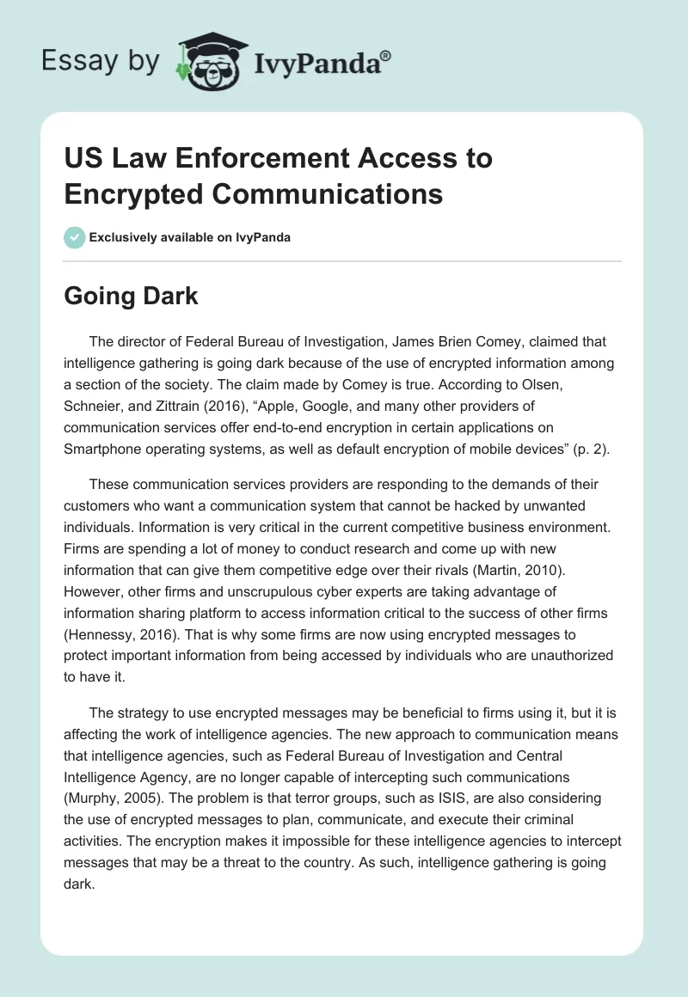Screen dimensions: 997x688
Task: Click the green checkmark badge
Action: click(74, 237)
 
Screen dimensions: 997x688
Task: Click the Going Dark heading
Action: click(131, 296)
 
